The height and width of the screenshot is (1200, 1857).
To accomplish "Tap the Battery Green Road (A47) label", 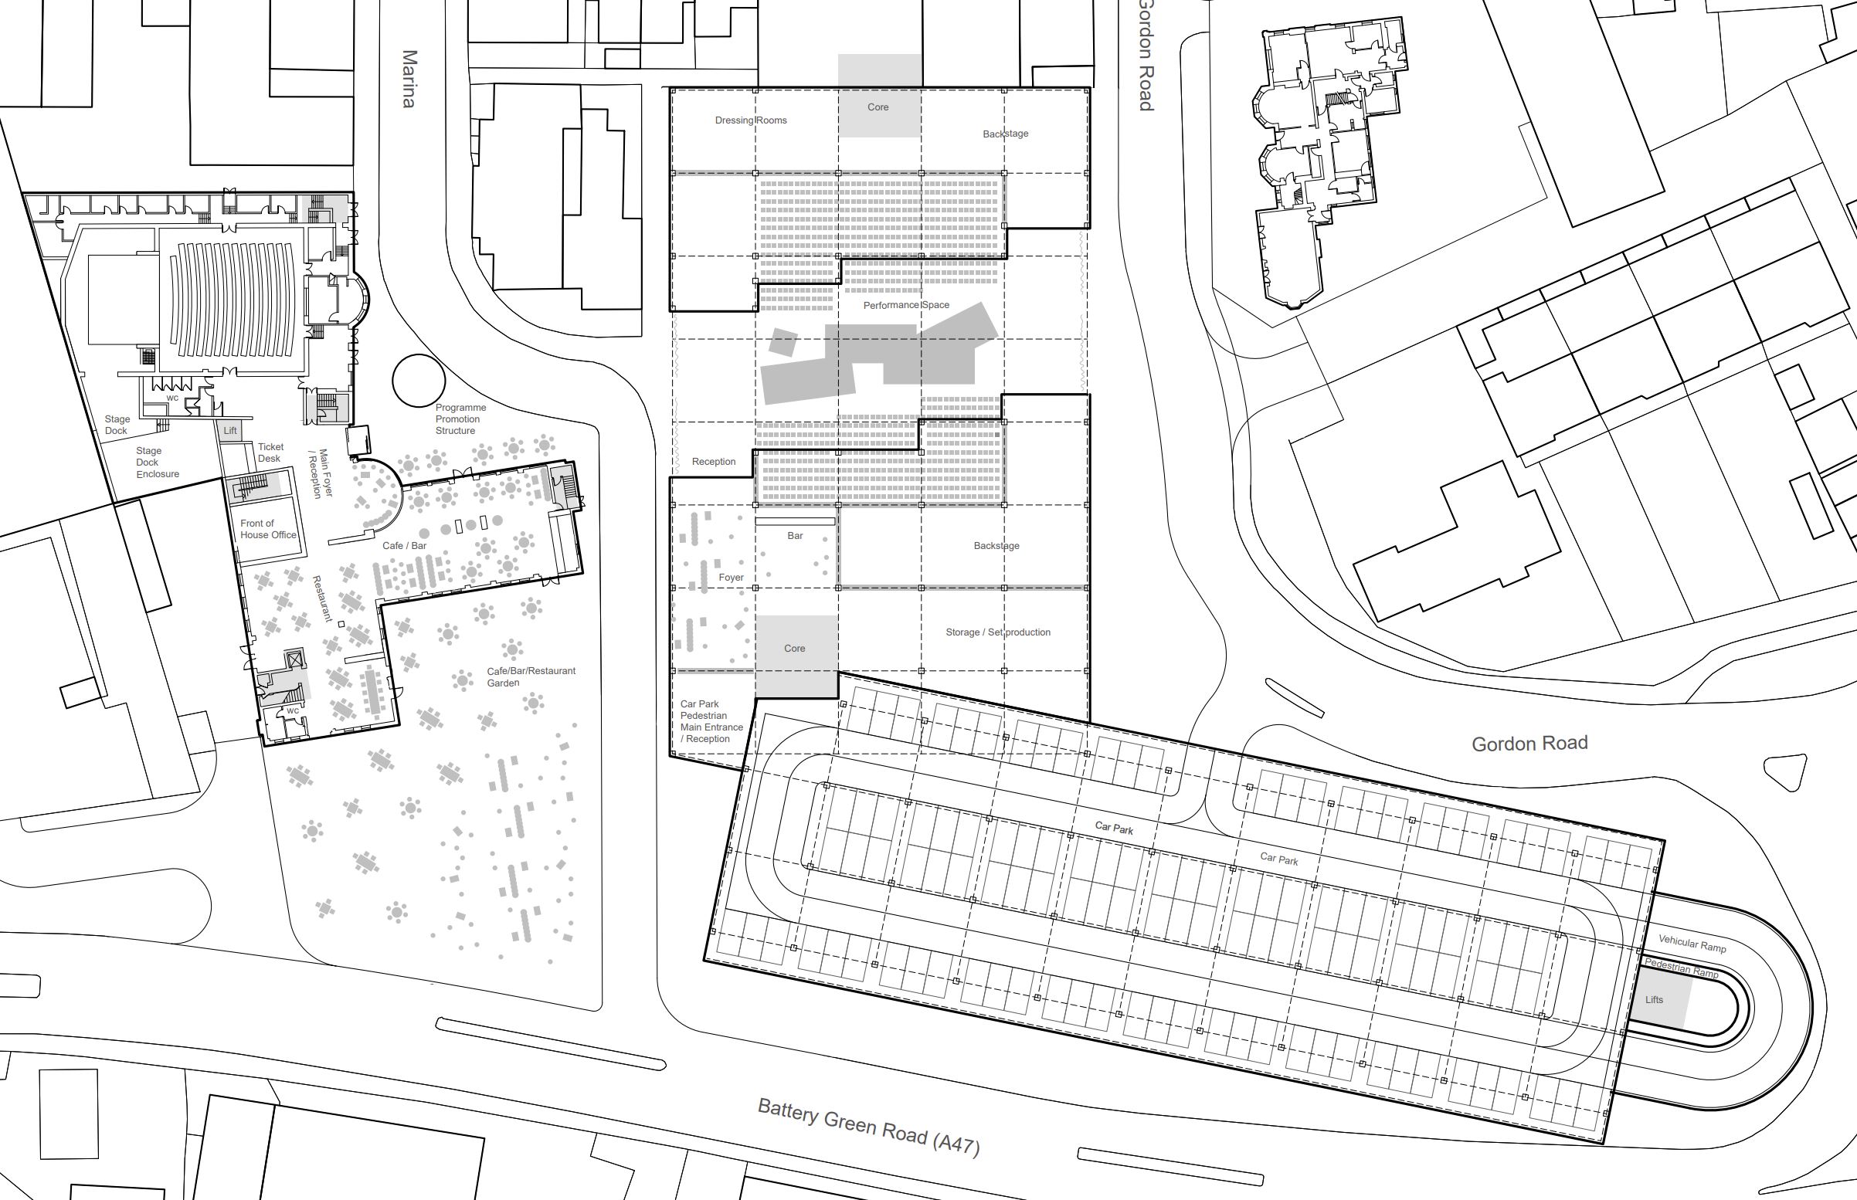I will click(868, 1126).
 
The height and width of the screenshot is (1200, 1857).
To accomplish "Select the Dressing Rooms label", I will click(750, 120).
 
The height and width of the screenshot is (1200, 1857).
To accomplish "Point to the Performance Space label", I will click(905, 305).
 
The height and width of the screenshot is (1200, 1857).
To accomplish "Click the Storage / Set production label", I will click(997, 632).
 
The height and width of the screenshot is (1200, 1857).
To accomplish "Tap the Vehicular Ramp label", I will click(1692, 944).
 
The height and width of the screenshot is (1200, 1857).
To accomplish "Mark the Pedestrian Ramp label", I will click(1681, 968).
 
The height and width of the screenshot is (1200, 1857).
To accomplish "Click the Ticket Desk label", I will click(270, 453).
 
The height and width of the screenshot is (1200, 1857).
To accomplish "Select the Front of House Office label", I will click(268, 529).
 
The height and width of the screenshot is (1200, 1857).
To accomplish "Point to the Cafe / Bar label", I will click(405, 545).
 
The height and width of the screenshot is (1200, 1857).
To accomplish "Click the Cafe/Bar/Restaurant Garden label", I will click(531, 676).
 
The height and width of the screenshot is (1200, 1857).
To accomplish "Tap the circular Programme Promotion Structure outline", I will click(419, 381).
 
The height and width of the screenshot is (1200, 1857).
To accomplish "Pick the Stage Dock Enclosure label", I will click(158, 462).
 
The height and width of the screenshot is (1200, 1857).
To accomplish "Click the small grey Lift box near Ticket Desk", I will click(231, 431).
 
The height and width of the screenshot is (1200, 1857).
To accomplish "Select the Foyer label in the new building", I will click(731, 578).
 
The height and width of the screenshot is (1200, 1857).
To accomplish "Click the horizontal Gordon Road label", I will click(1529, 744).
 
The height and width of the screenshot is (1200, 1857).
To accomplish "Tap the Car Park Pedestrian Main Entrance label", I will click(711, 721).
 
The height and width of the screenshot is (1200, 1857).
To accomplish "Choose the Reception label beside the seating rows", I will click(713, 461).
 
